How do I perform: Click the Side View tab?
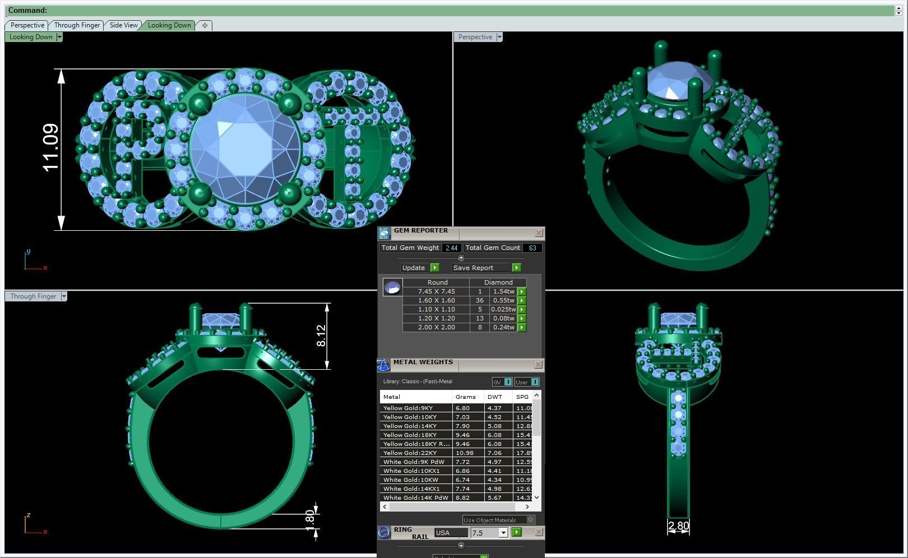tap(123, 25)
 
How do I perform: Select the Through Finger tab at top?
tap(77, 25)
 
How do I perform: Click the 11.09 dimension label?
tap(50, 147)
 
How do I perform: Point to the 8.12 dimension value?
tap(321, 336)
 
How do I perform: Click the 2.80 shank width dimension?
tap(678, 526)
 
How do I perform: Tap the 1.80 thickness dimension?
tap(309, 518)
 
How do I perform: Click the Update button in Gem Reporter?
tap(414, 268)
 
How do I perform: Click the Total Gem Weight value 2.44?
tap(451, 248)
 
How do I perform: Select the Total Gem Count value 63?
tap(532, 248)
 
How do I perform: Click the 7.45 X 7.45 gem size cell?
tap(436, 291)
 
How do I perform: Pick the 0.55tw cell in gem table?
tap(503, 300)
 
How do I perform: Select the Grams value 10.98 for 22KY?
tap(465, 453)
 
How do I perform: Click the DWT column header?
tap(495, 397)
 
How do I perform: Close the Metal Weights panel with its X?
tap(538, 365)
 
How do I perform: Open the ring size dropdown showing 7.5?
tap(503, 533)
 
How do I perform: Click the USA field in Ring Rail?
tap(450, 533)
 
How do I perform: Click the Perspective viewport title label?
tap(475, 37)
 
